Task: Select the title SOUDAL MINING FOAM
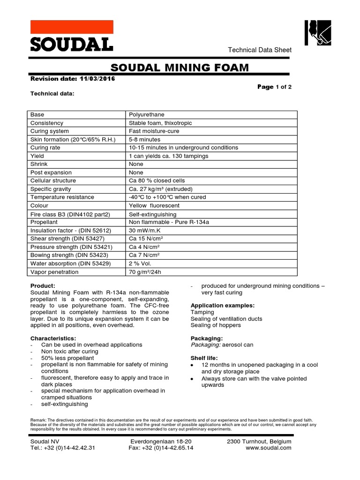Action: click(x=180, y=68)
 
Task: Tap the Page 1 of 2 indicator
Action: click(x=274, y=87)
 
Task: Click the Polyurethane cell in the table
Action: click(x=147, y=114)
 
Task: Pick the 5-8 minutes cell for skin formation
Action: click(x=144, y=139)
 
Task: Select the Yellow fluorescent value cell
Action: click(x=153, y=205)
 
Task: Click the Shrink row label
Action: click(x=39, y=164)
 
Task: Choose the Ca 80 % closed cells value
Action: click(x=157, y=180)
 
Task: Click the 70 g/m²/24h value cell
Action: click(x=148, y=271)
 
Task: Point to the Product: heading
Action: click(x=43, y=286)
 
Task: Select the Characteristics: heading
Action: click(x=53, y=338)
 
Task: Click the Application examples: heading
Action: click(x=223, y=305)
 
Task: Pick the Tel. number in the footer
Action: click(x=63, y=448)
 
